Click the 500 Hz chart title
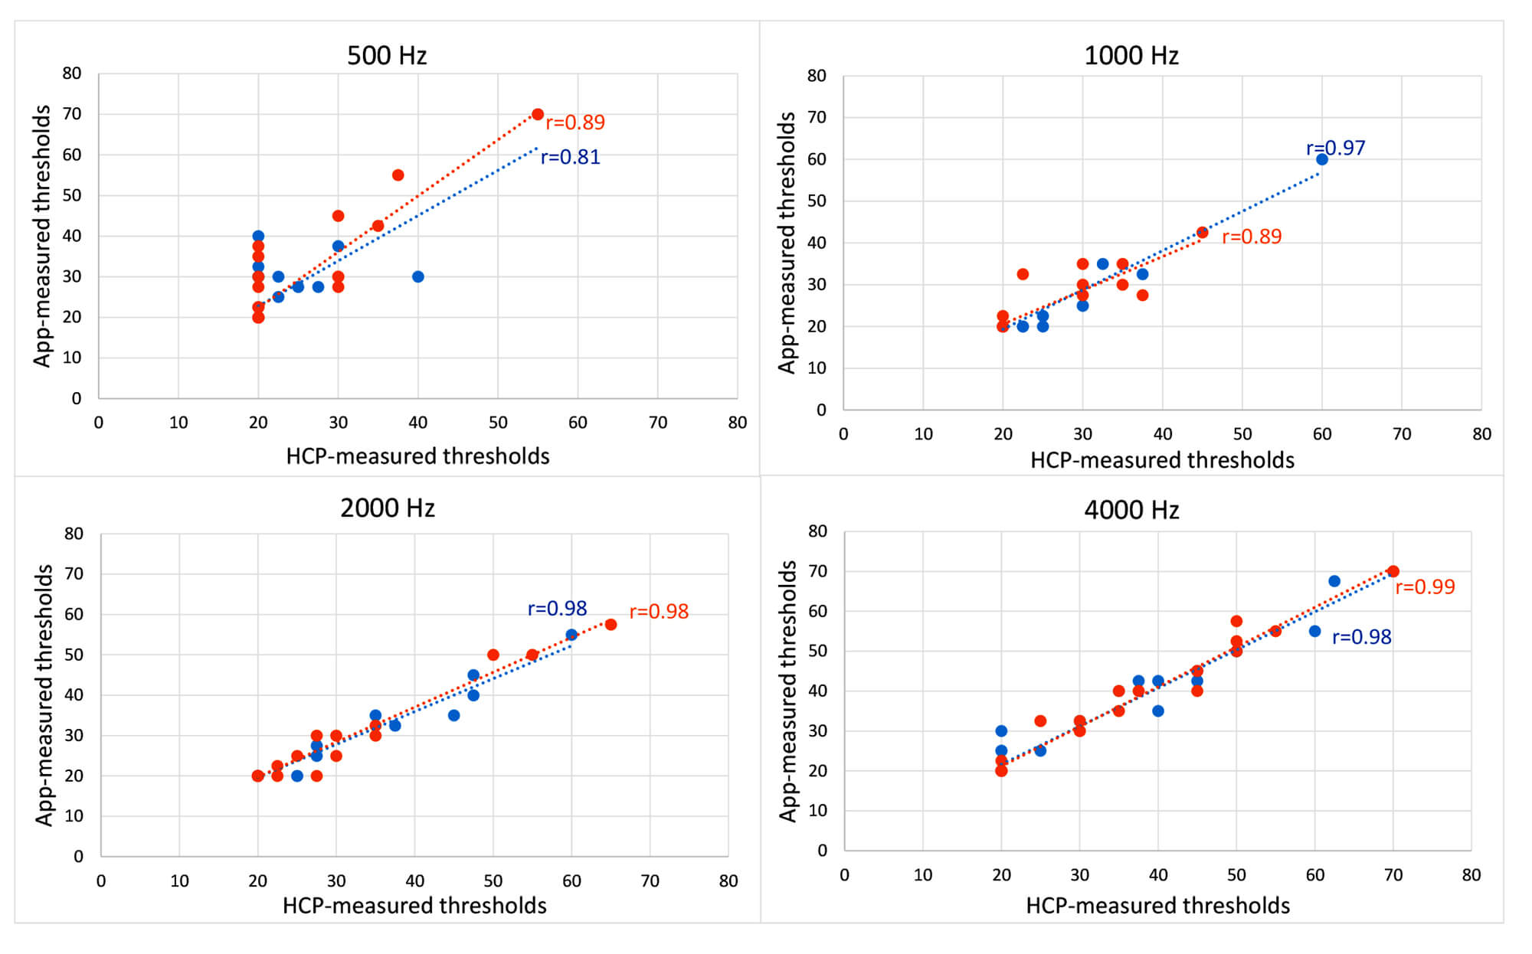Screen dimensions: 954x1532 pyautogui.click(x=387, y=55)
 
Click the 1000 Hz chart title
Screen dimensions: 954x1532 pyautogui.click(x=1131, y=55)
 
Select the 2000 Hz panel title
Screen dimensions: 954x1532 pyautogui.click(x=387, y=508)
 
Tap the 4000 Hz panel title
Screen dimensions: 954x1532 pyautogui.click(x=1131, y=510)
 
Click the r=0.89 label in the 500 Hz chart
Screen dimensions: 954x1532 pyautogui.click(x=574, y=123)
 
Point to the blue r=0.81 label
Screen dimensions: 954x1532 pyautogui.click(x=571, y=157)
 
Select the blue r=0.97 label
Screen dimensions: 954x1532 pyautogui.click(x=1335, y=148)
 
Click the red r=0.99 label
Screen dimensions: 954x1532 pyautogui.click(x=1425, y=587)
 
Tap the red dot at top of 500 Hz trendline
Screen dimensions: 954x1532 pyautogui.click(x=538, y=114)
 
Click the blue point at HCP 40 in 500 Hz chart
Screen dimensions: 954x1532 pyautogui.click(x=417, y=276)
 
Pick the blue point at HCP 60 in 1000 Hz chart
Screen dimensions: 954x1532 pyautogui.click(x=1322, y=159)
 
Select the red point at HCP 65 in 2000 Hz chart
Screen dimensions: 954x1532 pyautogui.click(x=611, y=625)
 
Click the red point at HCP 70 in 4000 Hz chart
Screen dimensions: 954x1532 pyautogui.click(x=1393, y=571)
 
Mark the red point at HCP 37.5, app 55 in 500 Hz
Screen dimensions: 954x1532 pyautogui.click(x=398, y=175)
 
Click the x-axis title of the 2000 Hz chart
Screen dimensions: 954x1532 pyautogui.click(x=414, y=906)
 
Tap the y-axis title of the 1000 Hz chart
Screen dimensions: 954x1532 pyautogui.click(x=787, y=243)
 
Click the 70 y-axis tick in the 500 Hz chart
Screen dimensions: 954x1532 pyautogui.click(x=72, y=114)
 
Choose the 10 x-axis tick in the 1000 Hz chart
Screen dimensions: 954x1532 pyautogui.click(x=923, y=434)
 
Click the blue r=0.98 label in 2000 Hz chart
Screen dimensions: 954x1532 pyautogui.click(x=557, y=609)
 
